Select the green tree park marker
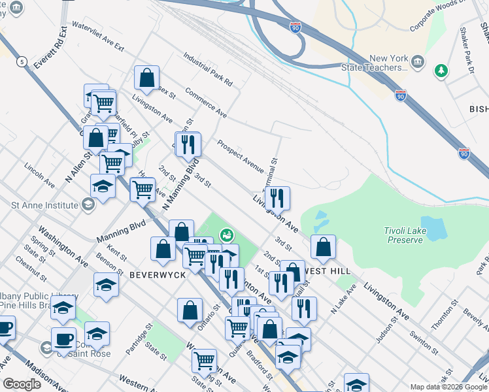coord(442,70)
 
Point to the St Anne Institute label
coord(46,204)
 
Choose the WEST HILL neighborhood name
coord(329,270)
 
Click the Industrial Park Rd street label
coord(207,71)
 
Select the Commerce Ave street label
coord(205,102)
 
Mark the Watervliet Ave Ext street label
coord(97,37)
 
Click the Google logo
coord(22,384)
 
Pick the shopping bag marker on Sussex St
coord(147,78)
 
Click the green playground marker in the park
coord(227,234)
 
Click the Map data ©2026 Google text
coord(448,386)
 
